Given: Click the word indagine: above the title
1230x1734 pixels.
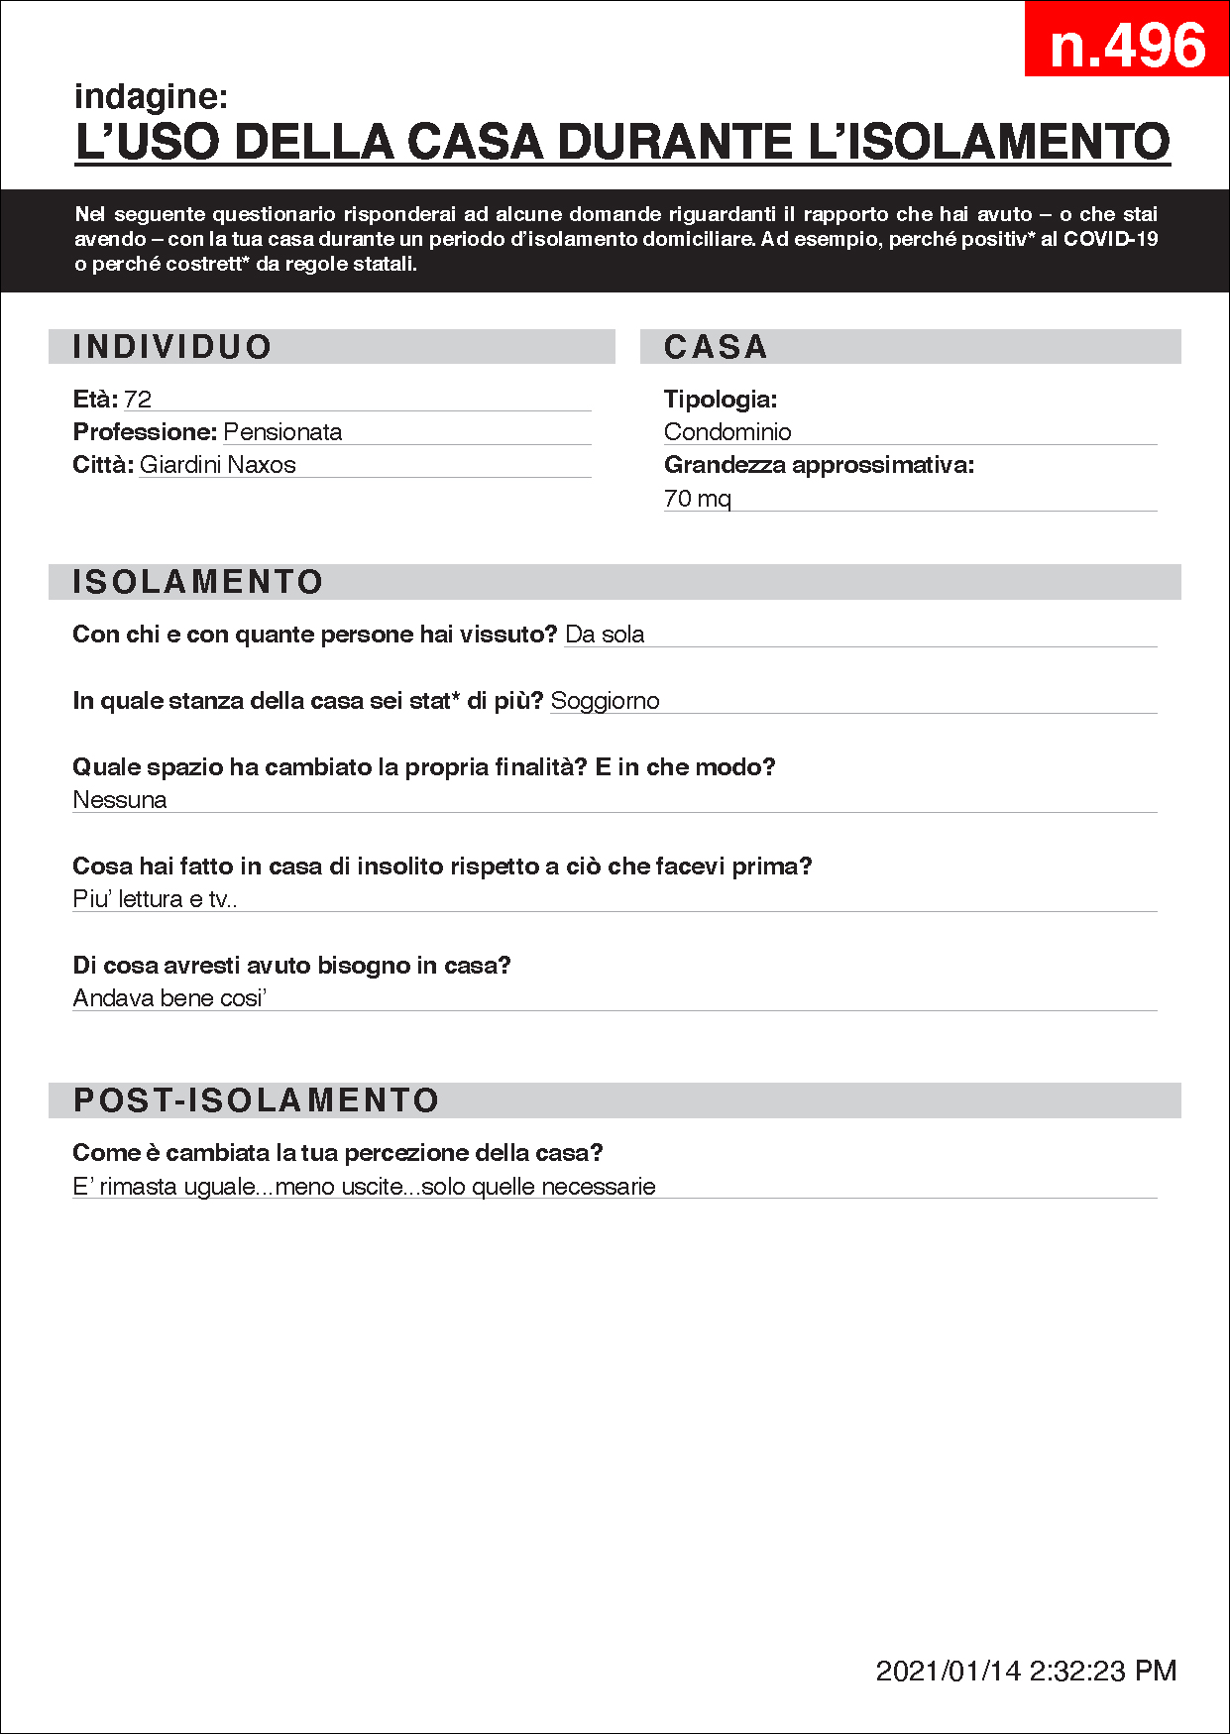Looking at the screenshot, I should (151, 96).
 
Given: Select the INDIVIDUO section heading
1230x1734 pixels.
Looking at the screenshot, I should (172, 347).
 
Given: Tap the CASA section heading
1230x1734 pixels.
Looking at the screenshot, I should (716, 347).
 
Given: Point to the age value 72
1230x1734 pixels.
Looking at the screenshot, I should (138, 400).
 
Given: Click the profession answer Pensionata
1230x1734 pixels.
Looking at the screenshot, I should (282, 432).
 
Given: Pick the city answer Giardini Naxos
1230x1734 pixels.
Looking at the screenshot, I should (217, 465).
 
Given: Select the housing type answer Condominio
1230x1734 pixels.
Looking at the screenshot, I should (727, 432).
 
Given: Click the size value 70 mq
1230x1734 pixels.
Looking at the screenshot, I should (697, 499).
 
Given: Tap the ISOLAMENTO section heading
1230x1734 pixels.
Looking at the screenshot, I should (198, 582).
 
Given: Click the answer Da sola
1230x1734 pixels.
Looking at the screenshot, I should (605, 635).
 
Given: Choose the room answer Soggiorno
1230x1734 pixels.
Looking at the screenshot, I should (605, 701).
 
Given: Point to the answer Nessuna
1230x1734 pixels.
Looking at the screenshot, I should (120, 800).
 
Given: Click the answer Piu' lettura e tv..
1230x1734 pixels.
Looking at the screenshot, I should (155, 899).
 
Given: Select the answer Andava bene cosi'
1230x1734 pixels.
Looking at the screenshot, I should (169, 998).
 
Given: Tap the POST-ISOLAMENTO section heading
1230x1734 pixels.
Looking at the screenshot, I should (257, 1100).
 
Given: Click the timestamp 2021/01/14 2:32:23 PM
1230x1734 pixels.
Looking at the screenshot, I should (1026, 1671).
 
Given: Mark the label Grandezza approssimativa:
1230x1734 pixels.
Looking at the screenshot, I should (819, 465).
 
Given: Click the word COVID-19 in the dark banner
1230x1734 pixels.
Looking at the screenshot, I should (1110, 239).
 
